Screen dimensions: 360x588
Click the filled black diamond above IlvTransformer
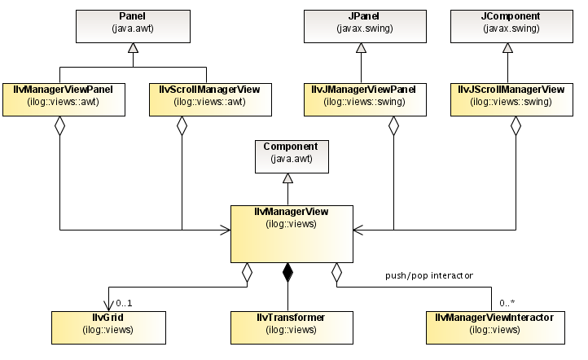tap(287, 272)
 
